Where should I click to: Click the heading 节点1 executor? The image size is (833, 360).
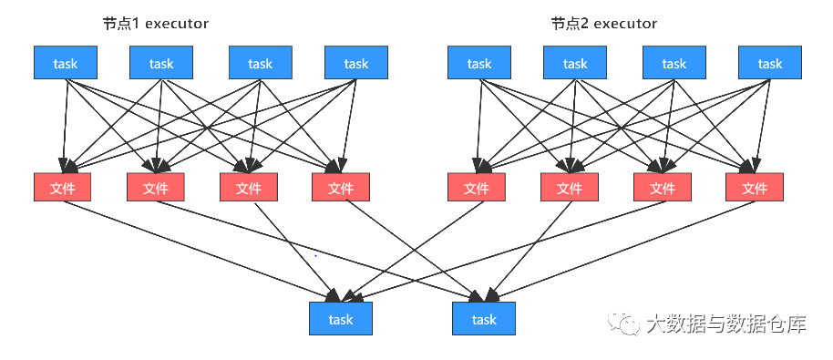coord(156,23)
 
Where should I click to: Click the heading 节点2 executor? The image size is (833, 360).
coord(603,23)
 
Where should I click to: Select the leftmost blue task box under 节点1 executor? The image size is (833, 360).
coord(66,63)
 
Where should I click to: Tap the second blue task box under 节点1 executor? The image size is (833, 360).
coord(161,63)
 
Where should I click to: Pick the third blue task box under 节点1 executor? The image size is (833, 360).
coord(260,63)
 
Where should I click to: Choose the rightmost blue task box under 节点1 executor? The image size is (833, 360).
coord(356,63)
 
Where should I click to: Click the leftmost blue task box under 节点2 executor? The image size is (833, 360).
coord(479,63)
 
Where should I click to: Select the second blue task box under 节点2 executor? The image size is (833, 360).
coord(575,63)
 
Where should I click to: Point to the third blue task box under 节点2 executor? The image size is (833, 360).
coord(674,63)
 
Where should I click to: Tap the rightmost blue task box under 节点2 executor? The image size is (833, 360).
coord(770,63)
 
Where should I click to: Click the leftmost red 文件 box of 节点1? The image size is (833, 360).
coord(63,187)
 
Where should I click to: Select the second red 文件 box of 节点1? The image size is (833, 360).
coord(156,187)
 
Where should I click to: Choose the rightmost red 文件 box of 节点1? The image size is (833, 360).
coord(340,187)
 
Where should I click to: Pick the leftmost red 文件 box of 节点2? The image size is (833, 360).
coord(477,187)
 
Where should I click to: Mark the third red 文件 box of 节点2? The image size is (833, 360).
coord(663,187)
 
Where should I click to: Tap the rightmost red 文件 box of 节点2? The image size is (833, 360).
coord(755,187)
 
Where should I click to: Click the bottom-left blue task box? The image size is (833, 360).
coord(341,319)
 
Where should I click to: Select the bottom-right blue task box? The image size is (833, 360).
coord(484,319)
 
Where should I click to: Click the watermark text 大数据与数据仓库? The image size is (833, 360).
coord(725,324)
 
